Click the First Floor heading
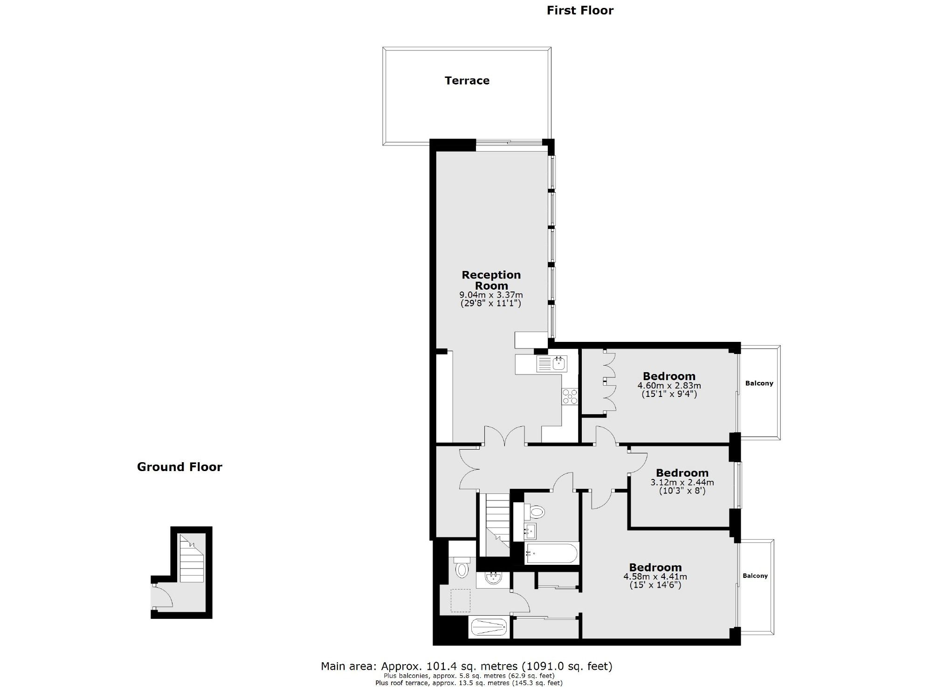click(x=579, y=10)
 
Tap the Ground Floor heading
click(x=179, y=467)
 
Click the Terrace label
click(x=467, y=81)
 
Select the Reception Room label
click(x=491, y=280)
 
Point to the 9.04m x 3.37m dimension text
click(x=491, y=295)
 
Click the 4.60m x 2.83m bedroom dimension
click(x=669, y=386)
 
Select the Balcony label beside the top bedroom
click(x=759, y=383)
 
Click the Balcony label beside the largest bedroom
click(x=755, y=576)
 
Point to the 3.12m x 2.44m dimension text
click(x=682, y=482)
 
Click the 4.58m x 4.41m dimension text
click(x=655, y=576)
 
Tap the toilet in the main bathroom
click(x=536, y=512)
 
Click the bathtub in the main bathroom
click(x=551, y=554)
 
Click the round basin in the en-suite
click(x=492, y=579)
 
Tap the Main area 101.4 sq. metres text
click(x=466, y=666)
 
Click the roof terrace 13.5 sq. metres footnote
click(x=469, y=683)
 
